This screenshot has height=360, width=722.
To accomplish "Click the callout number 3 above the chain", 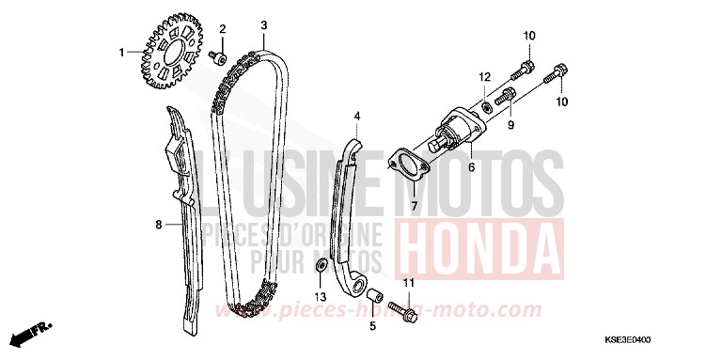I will (264, 24).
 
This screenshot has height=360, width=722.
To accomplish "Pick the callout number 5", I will (371, 326).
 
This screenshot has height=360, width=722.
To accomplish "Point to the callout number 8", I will (159, 224).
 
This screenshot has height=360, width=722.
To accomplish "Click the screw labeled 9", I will (506, 96).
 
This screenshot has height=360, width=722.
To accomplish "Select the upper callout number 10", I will (528, 36).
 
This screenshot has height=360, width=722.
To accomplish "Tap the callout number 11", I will (408, 283).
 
